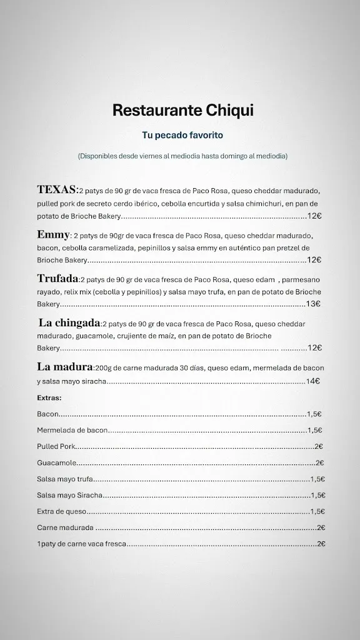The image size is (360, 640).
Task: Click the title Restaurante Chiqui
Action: pos(183,111)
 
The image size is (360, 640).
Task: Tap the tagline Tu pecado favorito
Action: pos(183,135)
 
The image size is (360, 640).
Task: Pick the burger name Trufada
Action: pos(57,279)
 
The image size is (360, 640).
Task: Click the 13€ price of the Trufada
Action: pos(313,304)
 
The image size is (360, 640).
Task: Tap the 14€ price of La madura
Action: pos(313,381)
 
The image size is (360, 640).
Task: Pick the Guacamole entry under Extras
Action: pos(56,462)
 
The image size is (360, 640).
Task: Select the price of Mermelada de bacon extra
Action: pos(315,430)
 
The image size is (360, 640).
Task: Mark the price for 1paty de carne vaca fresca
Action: pos(321,544)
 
